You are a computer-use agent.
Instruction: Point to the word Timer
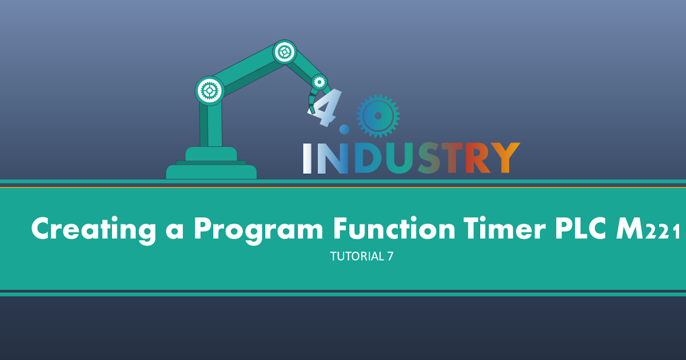coord(495,229)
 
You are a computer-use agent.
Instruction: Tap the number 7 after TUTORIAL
coord(390,257)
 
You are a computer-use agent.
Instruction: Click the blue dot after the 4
coord(344,130)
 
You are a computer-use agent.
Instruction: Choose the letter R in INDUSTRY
coord(477,158)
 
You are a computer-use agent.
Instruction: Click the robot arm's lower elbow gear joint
coord(209,90)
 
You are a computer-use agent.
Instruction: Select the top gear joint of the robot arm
coord(284,52)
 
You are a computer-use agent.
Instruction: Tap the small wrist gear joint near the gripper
coord(318,81)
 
